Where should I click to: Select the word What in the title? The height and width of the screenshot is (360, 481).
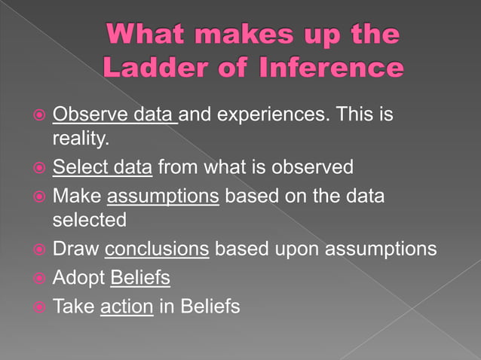146,35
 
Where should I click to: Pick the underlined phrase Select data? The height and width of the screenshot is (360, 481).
103,166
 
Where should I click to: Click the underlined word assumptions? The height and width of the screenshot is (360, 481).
163,196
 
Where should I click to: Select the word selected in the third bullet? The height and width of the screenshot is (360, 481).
90,221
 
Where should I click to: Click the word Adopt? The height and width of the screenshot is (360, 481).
78,278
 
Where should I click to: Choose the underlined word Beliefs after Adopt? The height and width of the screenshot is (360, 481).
140,278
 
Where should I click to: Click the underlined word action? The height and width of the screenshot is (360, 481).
126,307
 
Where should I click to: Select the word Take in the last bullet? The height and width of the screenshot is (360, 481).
73,307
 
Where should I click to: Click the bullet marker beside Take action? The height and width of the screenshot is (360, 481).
38,307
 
